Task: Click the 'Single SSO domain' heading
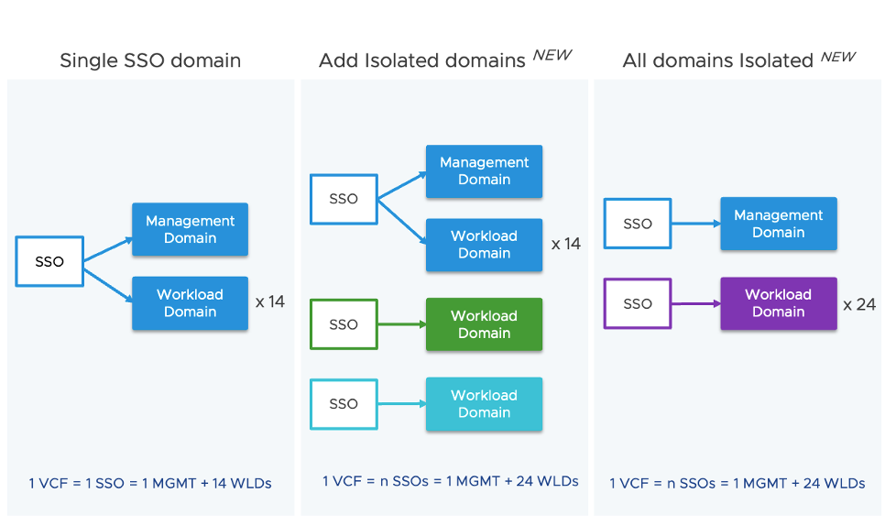click(x=150, y=61)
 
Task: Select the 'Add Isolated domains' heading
click(x=423, y=61)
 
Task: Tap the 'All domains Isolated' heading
click(x=717, y=61)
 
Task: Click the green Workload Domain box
click(x=484, y=324)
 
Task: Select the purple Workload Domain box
click(x=778, y=303)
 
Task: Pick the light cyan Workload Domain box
click(x=484, y=404)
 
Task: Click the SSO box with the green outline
click(x=344, y=324)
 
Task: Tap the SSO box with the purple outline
click(x=638, y=303)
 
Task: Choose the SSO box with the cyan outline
click(x=344, y=404)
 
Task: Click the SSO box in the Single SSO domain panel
click(x=49, y=261)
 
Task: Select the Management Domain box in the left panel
click(x=190, y=229)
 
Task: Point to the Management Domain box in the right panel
click(x=778, y=224)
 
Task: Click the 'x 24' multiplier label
click(x=859, y=304)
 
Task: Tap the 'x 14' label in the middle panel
click(x=565, y=245)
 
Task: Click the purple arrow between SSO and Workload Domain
click(x=695, y=303)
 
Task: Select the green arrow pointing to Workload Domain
click(x=401, y=324)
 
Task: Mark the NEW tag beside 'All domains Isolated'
click(x=837, y=57)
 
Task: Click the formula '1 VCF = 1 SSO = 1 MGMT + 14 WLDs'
click(x=150, y=483)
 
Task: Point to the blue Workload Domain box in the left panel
click(x=190, y=303)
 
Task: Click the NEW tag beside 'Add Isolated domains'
click(x=552, y=56)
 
